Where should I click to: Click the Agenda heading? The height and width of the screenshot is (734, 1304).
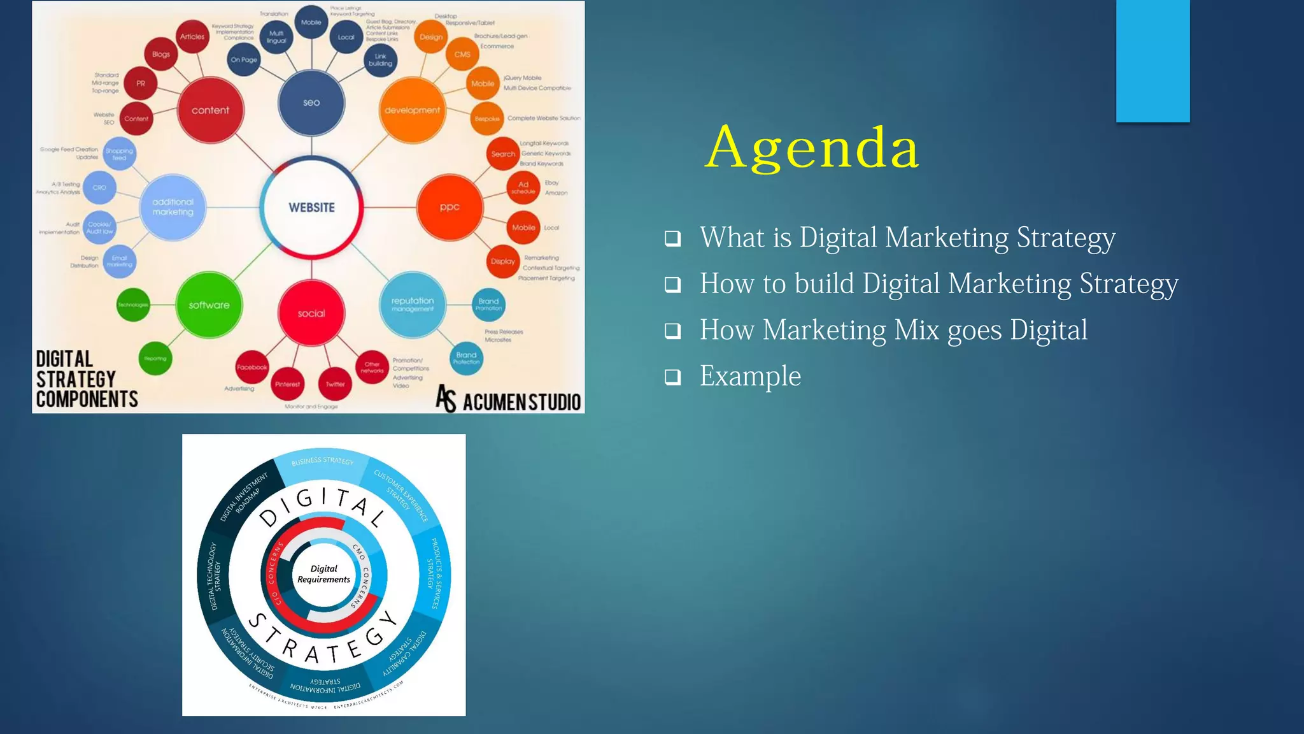coord(812,148)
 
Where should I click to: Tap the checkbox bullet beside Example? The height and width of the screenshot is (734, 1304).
coord(672,377)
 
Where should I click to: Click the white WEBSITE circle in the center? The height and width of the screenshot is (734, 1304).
coord(311,208)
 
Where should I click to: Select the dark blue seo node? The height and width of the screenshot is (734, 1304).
coord(311,103)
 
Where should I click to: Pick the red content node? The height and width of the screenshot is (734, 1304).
coord(211,110)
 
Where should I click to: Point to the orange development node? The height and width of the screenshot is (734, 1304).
coord(412,110)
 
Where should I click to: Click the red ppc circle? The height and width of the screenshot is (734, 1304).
coord(450,207)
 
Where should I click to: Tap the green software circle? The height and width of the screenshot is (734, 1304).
coord(209,305)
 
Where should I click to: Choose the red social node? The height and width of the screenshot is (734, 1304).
coord(311,313)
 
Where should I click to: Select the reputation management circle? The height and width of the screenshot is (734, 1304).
coord(413,305)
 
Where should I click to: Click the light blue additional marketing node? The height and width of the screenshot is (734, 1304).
coord(173,207)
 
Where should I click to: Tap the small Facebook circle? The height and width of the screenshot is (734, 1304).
coord(252,367)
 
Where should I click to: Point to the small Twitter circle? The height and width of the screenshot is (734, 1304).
coord(335,384)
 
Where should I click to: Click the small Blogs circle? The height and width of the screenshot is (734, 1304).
coord(161,54)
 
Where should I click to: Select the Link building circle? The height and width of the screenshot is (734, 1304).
coord(380,60)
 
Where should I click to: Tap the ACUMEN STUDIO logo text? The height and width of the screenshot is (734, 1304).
coord(521,402)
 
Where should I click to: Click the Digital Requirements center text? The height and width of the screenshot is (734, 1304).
coord(323,574)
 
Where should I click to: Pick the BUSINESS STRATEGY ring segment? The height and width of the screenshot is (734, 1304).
coord(322,461)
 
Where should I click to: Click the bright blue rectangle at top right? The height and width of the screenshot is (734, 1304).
coord(1152,61)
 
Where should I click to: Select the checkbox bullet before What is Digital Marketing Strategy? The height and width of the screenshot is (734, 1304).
coord(672,239)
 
